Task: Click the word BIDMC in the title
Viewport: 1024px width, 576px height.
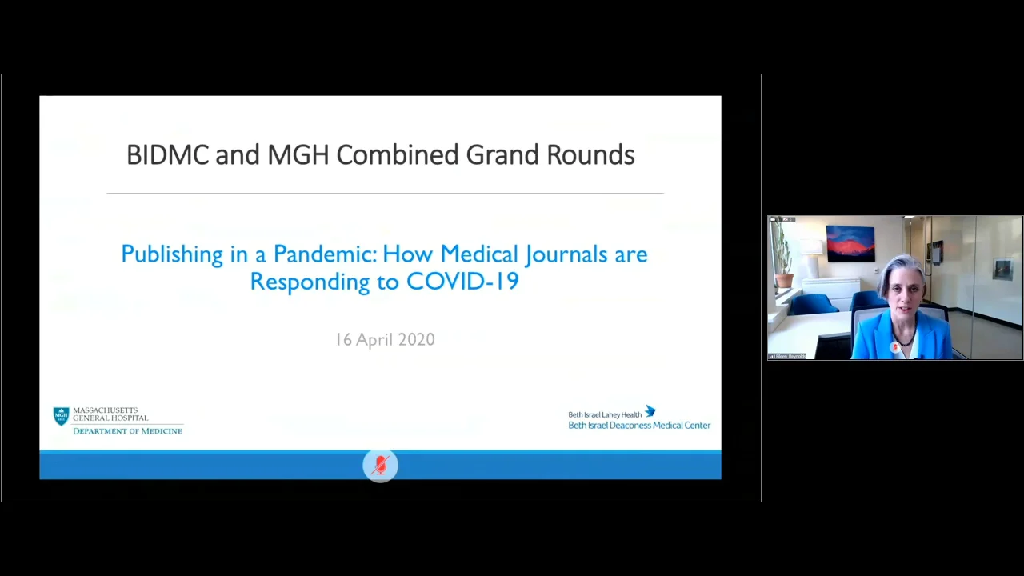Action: click(167, 155)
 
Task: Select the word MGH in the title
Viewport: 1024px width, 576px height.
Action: click(298, 155)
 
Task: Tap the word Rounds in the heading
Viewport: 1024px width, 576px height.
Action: click(590, 155)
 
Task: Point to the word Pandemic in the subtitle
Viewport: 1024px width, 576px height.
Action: click(324, 254)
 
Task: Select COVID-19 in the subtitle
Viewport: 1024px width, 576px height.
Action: click(462, 282)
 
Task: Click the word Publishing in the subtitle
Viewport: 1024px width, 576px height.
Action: click(171, 255)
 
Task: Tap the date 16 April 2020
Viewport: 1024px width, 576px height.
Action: click(385, 340)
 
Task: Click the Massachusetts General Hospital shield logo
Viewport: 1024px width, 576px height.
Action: click(61, 416)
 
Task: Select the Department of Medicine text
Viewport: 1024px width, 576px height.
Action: click(127, 431)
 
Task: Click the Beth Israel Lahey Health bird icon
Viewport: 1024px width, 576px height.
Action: click(650, 411)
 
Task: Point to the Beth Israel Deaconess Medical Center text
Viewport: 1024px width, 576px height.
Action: click(639, 426)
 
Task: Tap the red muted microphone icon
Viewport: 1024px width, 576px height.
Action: click(380, 466)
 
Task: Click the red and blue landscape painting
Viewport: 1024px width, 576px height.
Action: click(850, 243)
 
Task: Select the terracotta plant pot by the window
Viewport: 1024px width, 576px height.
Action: click(785, 281)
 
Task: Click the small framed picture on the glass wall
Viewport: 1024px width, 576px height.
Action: click(1002, 269)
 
